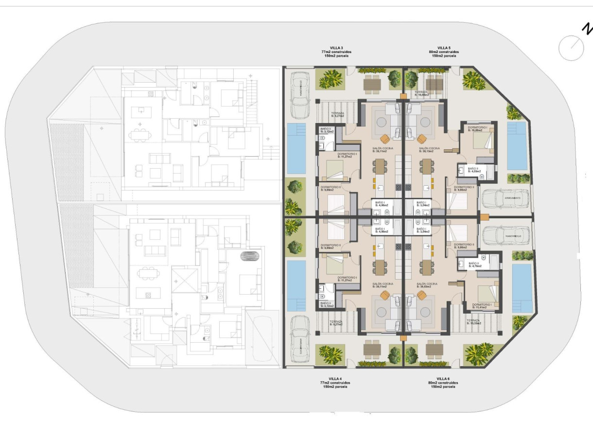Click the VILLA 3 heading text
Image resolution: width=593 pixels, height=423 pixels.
tap(335, 48)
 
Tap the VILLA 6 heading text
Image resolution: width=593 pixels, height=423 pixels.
tap(442, 378)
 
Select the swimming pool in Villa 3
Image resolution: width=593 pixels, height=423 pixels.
tap(296, 148)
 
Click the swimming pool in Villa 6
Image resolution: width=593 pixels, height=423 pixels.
tap(523, 288)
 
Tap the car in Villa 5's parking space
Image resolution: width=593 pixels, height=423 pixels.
tap(505, 198)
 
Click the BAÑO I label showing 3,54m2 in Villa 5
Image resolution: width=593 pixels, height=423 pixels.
tap(420, 204)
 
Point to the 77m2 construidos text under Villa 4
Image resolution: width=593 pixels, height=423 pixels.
tap(335, 383)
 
